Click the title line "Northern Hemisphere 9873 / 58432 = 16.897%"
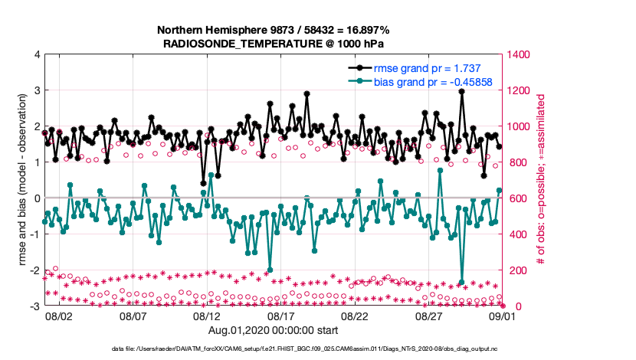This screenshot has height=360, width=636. (x=273, y=30)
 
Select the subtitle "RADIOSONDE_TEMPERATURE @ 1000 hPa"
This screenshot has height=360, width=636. (x=273, y=44)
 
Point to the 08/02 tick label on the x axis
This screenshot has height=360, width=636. (x=59, y=316)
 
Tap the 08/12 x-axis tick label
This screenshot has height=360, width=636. (x=207, y=316)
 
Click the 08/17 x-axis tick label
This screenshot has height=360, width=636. (x=280, y=316)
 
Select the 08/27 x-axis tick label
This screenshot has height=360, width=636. (x=429, y=316)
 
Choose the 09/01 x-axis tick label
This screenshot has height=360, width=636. (x=503, y=316)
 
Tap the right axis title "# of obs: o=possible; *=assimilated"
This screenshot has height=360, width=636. (x=540, y=181)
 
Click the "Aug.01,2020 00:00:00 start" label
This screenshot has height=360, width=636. (x=273, y=330)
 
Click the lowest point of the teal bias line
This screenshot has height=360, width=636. (x=461, y=283)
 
